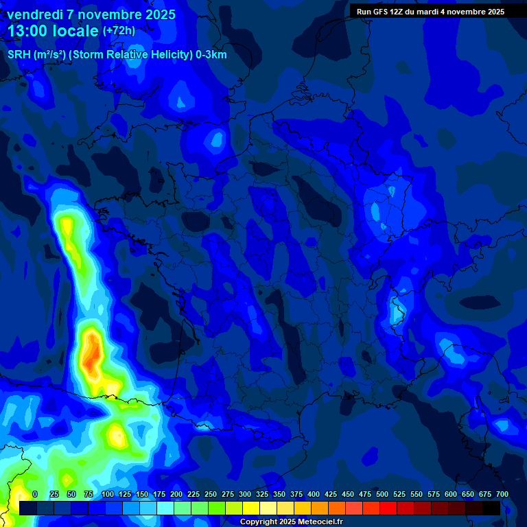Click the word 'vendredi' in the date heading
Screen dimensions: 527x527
pyautogui.click(x=34, y=14)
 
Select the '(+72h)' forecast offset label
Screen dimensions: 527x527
pyautogui.click(x=119, y=31)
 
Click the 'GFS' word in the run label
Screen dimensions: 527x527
pyautogui.click(x=383, y=12)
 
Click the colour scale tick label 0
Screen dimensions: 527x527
pyautogui.click(x=35, y=494)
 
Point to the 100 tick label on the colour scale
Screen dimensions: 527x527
pyautogui.click(x=107, y=494)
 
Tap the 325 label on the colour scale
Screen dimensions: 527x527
pyautogui.click(x=261, y=494)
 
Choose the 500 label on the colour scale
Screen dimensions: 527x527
pyautogui.click(x=382, y=494)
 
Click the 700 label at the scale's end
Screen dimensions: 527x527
pyautogui.click(x=502, y=494)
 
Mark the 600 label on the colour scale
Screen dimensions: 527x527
pyautogui.click(x=450, y=494)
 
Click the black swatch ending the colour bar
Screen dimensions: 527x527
pyautogui.click(x=491, y=508)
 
